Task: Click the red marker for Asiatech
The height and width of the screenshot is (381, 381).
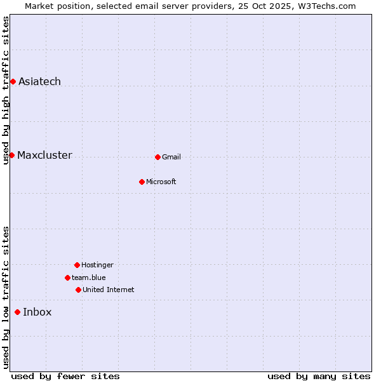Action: click(x=13, y=81)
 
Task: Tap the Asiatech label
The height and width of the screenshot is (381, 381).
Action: click(x=39, y=81)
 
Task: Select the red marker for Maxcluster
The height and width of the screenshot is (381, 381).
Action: click(x=11, y=155)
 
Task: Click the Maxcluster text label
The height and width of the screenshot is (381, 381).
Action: click(x=44, y=156)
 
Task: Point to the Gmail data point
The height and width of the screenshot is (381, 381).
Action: click(x=157, y=157)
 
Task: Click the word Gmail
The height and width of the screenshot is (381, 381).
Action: click(x=171, y=157)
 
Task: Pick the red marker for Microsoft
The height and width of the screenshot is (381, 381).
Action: click(x=142, y=182)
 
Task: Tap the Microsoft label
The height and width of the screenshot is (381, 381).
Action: click(x=161, y=182)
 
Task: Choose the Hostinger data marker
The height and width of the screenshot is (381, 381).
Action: click(x=77, y=265)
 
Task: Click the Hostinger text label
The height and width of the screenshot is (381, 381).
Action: click(x=97, y=265)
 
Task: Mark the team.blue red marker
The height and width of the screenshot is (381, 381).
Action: click(x=67, y=277)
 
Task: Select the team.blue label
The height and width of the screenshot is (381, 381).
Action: click(x=88, y=277)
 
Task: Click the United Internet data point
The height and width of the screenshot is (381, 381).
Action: click(x=78, y=290)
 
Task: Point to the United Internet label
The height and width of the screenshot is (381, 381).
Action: click(x=108, y=290)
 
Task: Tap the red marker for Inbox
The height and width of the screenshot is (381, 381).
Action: click(x=17, y=312)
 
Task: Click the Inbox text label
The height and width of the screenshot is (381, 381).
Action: click(x=37, y=312)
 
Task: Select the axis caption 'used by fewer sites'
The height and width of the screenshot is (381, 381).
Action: click(x=65, y=376)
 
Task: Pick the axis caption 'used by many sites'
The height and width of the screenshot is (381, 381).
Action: click(x=319, y=376)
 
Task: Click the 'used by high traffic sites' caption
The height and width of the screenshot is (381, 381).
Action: click(x=6, y=90)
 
